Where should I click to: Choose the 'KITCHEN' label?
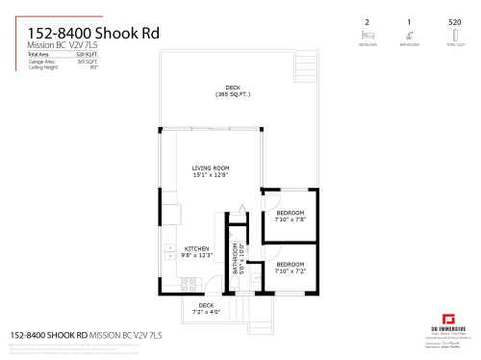point(196,248)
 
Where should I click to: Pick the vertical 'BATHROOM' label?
point(235,258)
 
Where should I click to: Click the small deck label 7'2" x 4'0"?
point(207,310)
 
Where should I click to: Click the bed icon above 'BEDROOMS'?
point(367,34)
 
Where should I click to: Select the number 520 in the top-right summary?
point(454,21)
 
